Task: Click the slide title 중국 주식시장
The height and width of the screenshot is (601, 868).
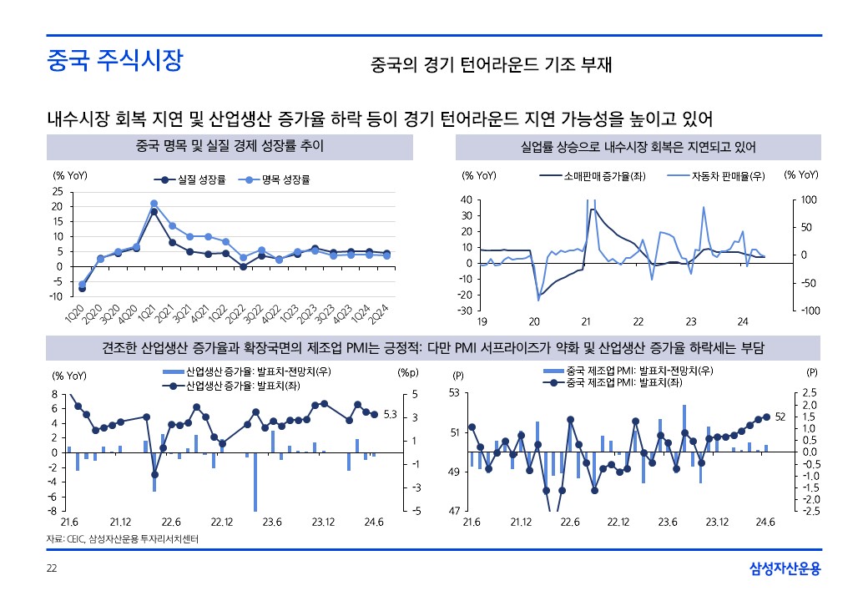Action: coord(114,63)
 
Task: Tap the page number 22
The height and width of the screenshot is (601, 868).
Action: coord(51,568)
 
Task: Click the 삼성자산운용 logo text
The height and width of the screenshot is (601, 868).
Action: coord(785,568)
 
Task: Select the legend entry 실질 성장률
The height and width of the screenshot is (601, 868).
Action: coord(197,179)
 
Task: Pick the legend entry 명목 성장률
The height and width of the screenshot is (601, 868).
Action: coord(274,179)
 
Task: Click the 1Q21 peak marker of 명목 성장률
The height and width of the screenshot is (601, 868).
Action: coord(154,203)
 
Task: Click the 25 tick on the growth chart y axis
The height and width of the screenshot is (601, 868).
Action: coord(58,190)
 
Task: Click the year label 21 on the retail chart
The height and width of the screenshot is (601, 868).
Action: coord(586,321)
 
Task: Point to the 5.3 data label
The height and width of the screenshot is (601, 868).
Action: coord(390,415)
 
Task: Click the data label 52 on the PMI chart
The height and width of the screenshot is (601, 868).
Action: coord(780,416)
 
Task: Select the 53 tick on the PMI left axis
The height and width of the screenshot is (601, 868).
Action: coord(454,393)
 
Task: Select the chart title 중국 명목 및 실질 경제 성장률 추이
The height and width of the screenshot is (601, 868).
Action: coord(230,147)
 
